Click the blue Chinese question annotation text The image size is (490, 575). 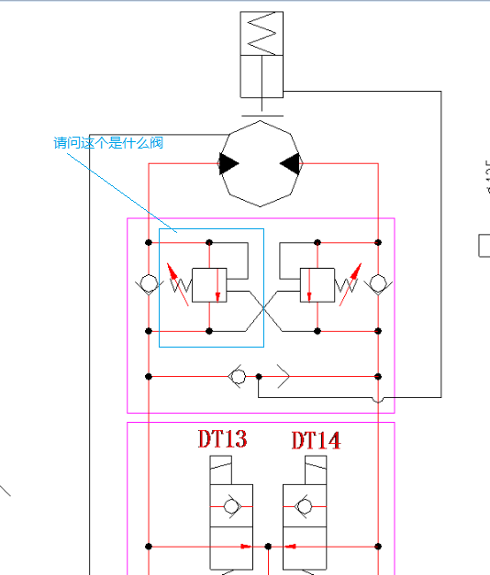pyautogui.click(x=108, y=143)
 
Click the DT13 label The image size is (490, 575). pyautogui.click(x=223, y=439)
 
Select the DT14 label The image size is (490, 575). pyautogui.click(x=316, y=440)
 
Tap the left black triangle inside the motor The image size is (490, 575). pyautogui.click(x=228, y=164)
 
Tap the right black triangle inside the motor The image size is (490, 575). pyautogui.click(x=291, y=164)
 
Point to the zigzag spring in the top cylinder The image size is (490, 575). pyautogui.click(x=262, y=33)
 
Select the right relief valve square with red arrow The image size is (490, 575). pyautogui.click(x=317, y=284)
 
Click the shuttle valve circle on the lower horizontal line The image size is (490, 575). pyautogui.click(x=237, y=376)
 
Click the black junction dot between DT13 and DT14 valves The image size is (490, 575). pyautogui.click(x=267, y=547)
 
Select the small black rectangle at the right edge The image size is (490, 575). pyautogui.click(x=484, y=245)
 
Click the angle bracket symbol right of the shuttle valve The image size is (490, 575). pyautogui.click(x=283, y=376)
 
